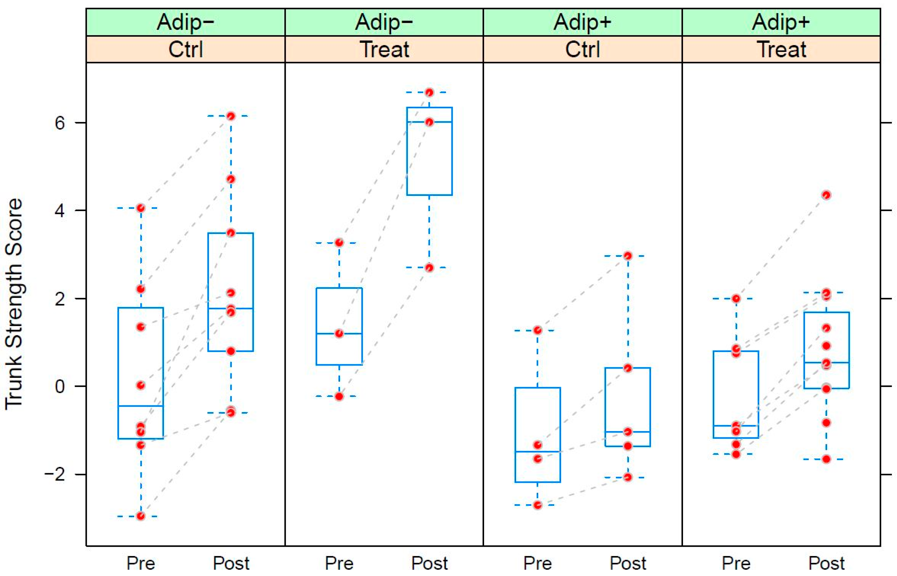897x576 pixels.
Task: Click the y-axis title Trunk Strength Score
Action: pos(14,304)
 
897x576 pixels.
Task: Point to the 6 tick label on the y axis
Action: pos(60,123)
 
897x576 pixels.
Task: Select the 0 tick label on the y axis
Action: pos(60,386)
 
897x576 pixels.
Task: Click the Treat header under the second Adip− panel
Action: pos(384,49)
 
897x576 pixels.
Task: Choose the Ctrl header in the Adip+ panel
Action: pos(583,49)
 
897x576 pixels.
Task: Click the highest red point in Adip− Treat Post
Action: pos(430,92)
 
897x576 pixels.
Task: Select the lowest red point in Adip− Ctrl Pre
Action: pos(141,516)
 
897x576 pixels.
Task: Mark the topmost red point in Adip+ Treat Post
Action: pos(827,195)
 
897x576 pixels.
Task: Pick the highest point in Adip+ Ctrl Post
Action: pos(628,256)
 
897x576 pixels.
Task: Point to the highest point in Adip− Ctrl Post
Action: pos(231,116)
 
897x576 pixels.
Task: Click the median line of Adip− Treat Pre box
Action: pos(339,333)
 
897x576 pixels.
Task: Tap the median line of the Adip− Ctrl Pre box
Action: pos(141,406)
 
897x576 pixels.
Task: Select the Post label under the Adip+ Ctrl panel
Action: pos(628,563)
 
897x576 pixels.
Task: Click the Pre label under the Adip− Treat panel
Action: pos(339,563)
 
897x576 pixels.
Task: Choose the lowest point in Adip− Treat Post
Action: pos(430,268)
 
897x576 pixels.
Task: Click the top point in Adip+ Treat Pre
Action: pos(736,298)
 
